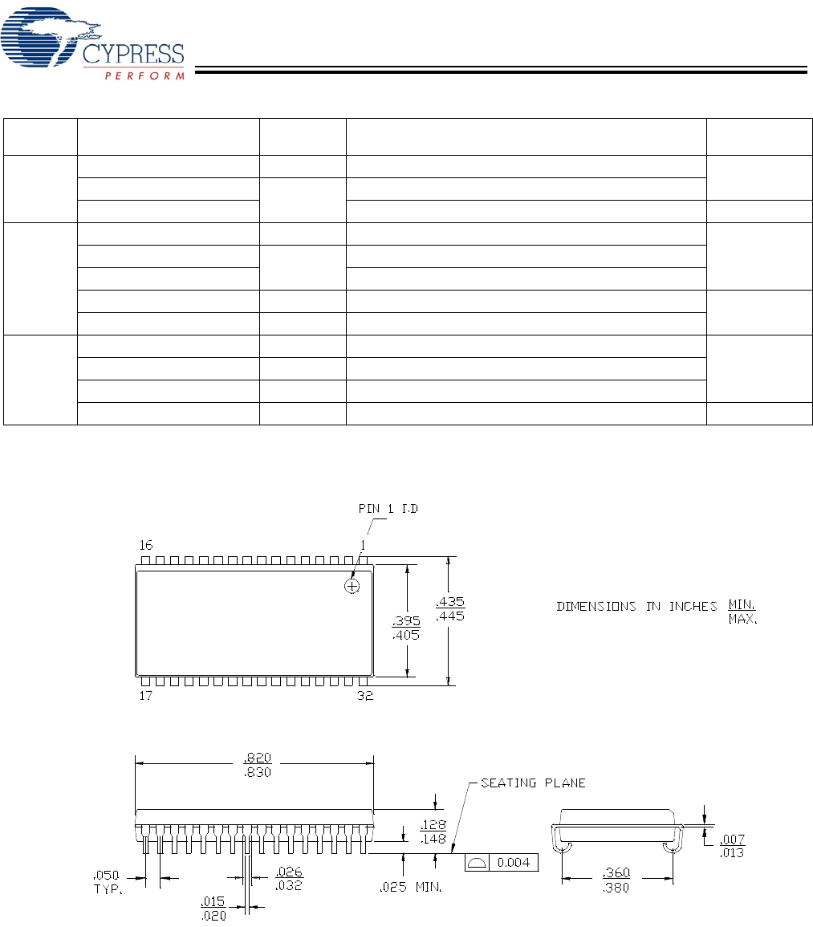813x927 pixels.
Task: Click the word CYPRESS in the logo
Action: pos(133,54)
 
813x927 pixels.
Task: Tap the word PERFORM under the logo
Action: pos(144,75)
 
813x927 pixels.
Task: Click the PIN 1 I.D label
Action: pos(388,508)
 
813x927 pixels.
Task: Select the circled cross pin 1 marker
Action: pos(352,586)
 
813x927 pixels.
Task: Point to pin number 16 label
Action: pos(146,544)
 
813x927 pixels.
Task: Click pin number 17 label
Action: pos(146,696)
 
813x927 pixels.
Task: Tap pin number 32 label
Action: pos(365,696)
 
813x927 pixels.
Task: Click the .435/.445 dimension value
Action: pos(450,608)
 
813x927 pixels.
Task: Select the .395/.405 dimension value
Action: pos(406,628)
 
